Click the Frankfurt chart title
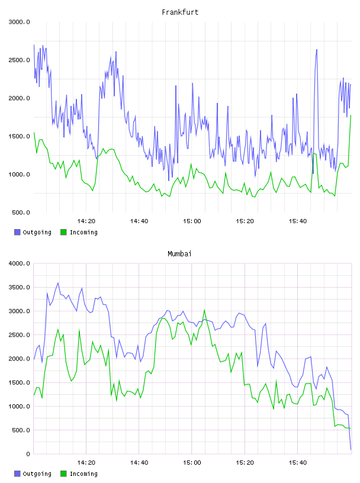(x=180, y=12)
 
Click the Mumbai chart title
(x=179, y=254)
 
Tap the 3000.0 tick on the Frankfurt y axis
(x=20, y=22)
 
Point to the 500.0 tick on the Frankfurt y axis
(x=21, y=212)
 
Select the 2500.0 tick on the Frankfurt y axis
(x=20, y=60)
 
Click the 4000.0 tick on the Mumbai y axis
(x=20, y=263)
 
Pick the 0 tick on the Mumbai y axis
(x=28, y=454)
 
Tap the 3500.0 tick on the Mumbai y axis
(x=20, y=288)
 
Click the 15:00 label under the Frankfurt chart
(x=192, y=221)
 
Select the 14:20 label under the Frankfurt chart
(x=86, y=221)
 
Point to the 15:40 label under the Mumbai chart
(x=298, y=463)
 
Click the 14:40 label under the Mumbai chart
(x=139, y=463)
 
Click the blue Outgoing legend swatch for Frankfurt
(x=17, y=232)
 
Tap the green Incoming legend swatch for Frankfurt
(x=63, y=232)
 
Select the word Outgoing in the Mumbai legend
(x=37, y=474)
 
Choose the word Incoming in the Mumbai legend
(x=83, y=474)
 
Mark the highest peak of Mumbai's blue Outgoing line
(x=58, y=283)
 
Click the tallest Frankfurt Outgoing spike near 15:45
(x=317, y=50)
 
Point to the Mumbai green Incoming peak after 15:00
(x=204, y=310)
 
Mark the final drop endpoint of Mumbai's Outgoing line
(x=351, y=449)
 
